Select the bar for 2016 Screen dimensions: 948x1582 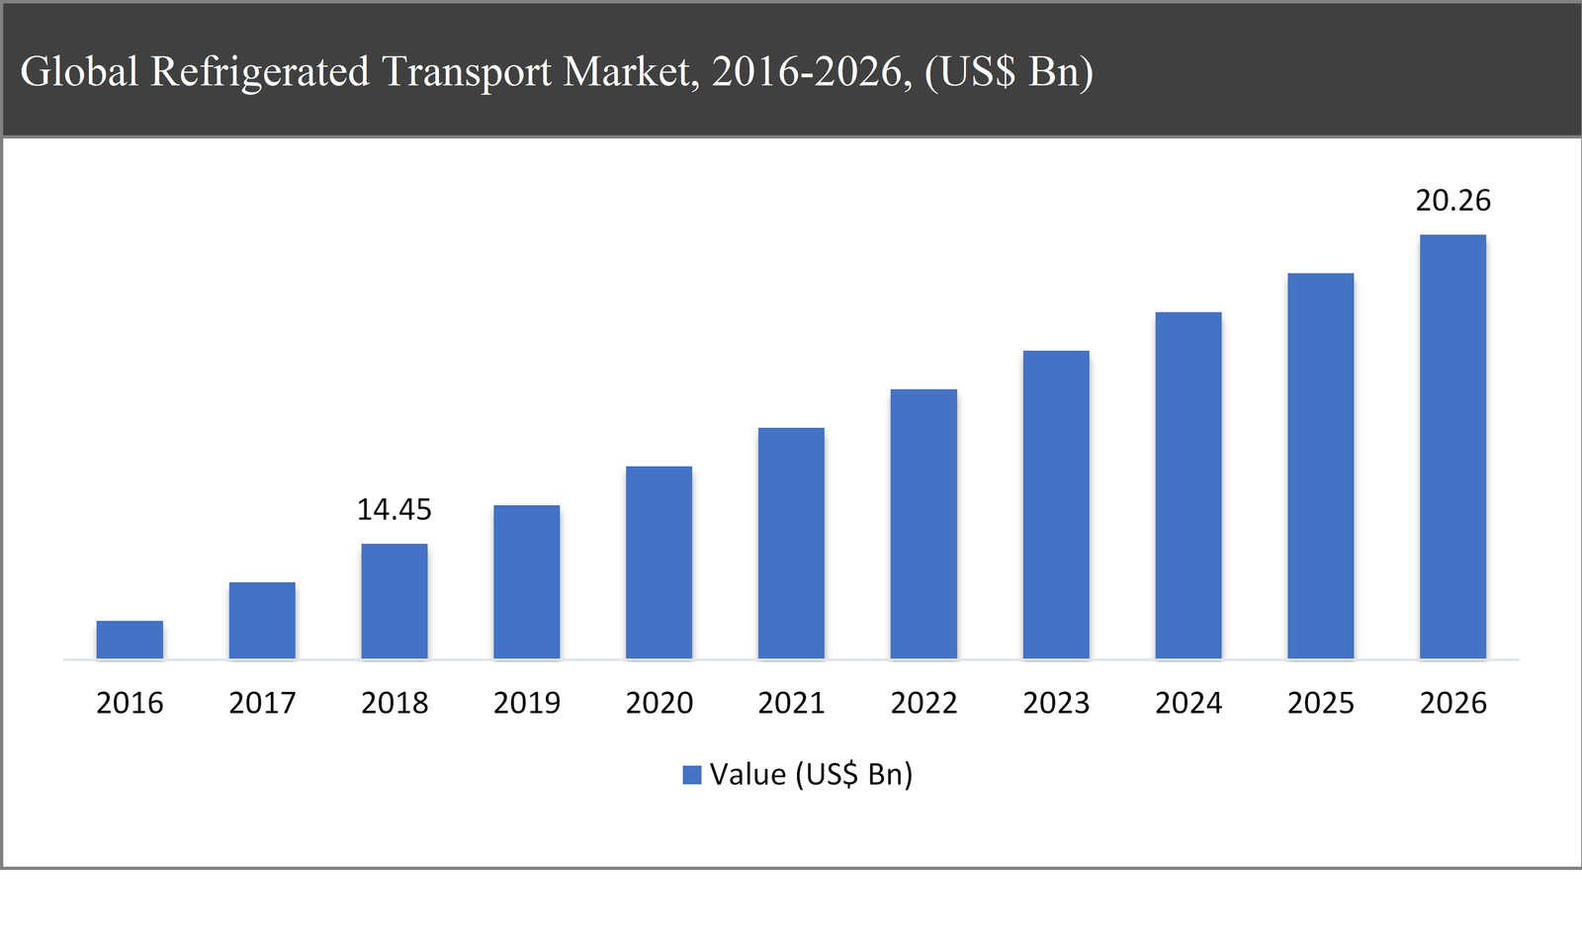(x=130, y=640)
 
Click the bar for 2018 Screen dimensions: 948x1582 (x=395, y=601)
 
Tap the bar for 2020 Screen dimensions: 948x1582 (x=659, y=562)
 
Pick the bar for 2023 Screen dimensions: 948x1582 (x=1056, y=504)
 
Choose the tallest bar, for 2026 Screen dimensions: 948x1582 (x=1452, y=447)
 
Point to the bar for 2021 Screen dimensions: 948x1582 (x=791, y=544)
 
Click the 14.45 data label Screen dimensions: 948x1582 (x=395, y=510)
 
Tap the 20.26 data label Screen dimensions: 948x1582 (x=1452, y=201)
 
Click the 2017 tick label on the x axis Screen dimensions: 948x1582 (x=262, y=703)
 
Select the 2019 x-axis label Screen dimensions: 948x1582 (x=527, y=703)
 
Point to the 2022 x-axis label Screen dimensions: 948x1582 (x=923, y=703)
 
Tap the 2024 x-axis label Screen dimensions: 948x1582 (x=1188, y=703)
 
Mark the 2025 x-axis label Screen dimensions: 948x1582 (x=1321, y=703)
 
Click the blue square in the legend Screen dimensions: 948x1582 (x=692, y=775)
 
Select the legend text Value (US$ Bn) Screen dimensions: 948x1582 (x=811, y=774)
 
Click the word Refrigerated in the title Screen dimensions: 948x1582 (x=260, y=72)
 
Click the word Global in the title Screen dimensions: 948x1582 (x=79, y=72)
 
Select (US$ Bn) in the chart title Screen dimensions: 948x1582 (x=1009, y=72)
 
